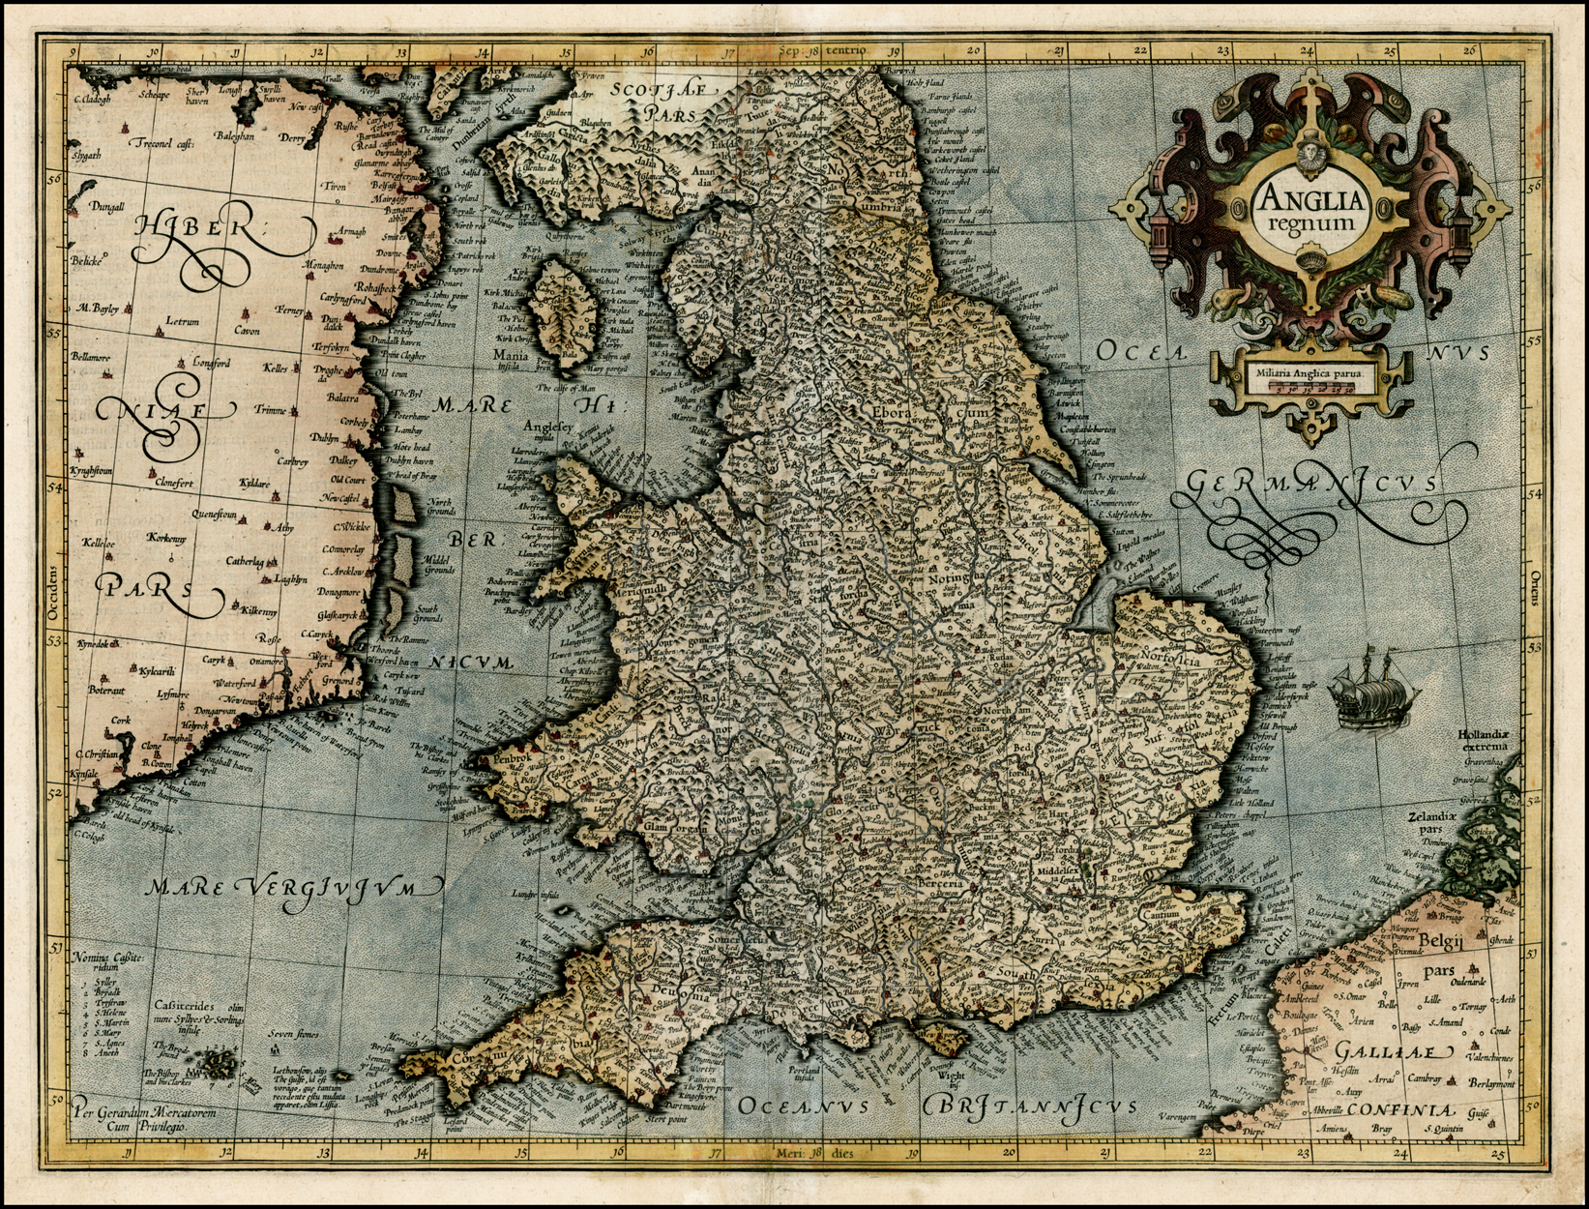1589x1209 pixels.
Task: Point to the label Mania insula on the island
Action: [512, 361]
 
